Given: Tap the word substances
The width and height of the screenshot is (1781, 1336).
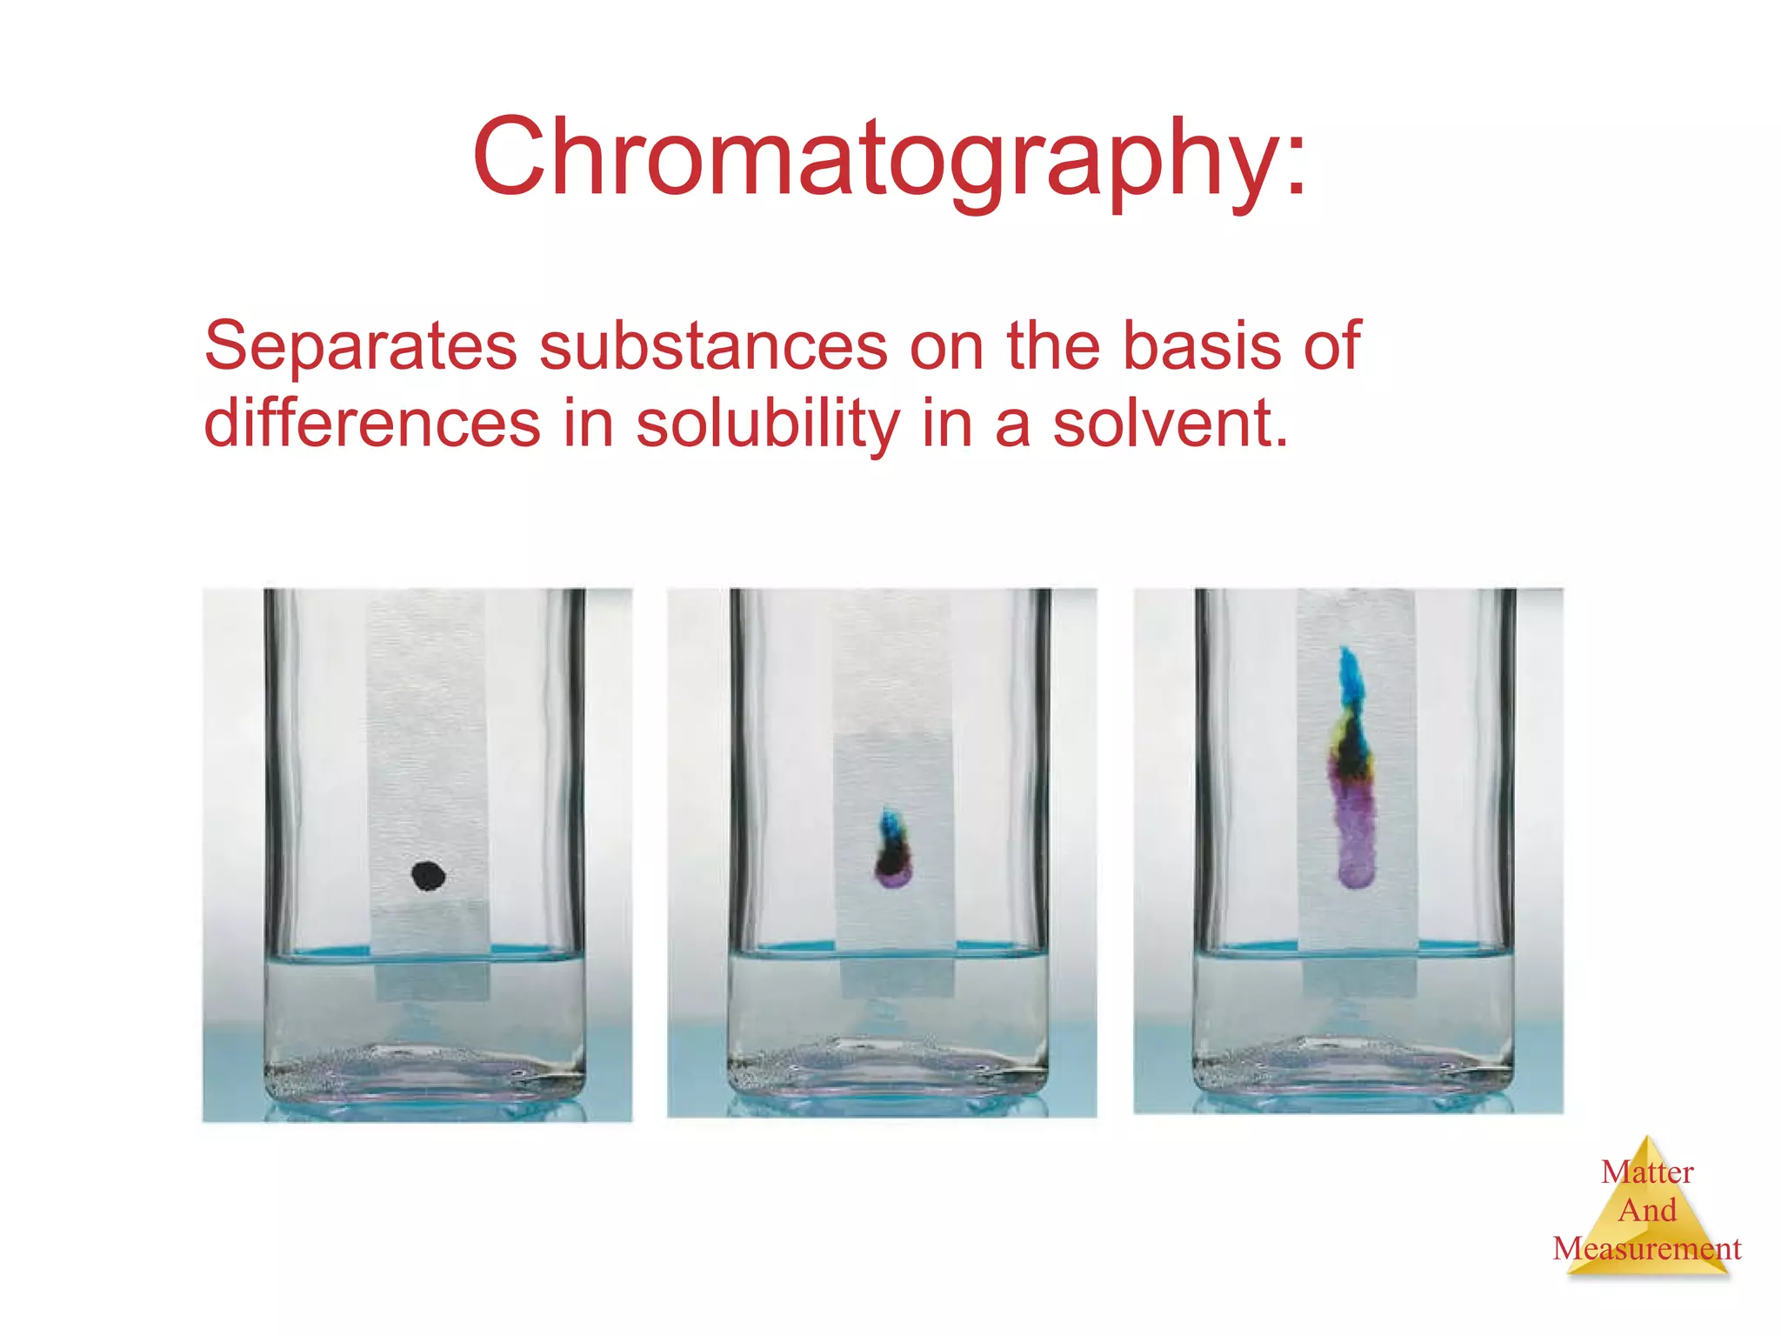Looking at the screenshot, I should [713, 346].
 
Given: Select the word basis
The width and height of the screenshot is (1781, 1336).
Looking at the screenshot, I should [1200, 346].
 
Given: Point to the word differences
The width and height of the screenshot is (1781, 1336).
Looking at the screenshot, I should [372, 424].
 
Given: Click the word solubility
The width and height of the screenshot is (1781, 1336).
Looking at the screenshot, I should [767, 424].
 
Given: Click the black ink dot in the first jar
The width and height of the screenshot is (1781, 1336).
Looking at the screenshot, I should [428, 875].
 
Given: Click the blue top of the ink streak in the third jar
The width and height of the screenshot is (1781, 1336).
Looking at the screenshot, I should [1351, 675].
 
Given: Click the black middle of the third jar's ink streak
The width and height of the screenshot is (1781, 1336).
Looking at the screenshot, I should [1350, 753].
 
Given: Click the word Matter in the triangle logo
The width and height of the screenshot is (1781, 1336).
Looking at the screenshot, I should [1647, 1172].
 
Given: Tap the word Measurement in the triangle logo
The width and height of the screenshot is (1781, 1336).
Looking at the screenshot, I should [1647, 1249].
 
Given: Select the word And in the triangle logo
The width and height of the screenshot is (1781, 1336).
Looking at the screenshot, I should [1647, 1211].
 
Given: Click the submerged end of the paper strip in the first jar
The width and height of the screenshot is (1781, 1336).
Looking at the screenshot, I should [431, 981].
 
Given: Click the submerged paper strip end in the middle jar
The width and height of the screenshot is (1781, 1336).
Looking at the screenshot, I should [897, 978].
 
